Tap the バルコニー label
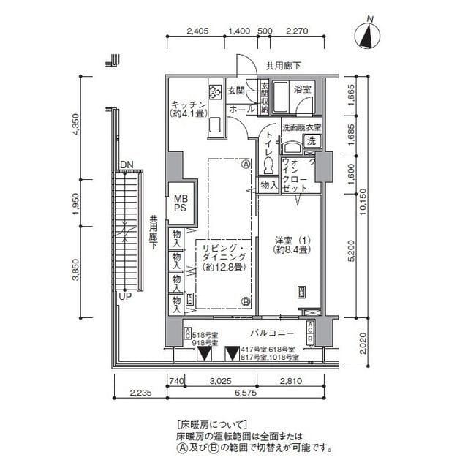coord(276,333)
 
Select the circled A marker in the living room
coord(246,164)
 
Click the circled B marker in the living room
coord(246,301)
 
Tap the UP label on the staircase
coord(125,296)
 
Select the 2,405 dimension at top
coord(198,31)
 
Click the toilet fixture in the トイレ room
coord(269,162)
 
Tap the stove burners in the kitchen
coord(215,93)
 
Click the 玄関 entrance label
coord(236,91)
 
